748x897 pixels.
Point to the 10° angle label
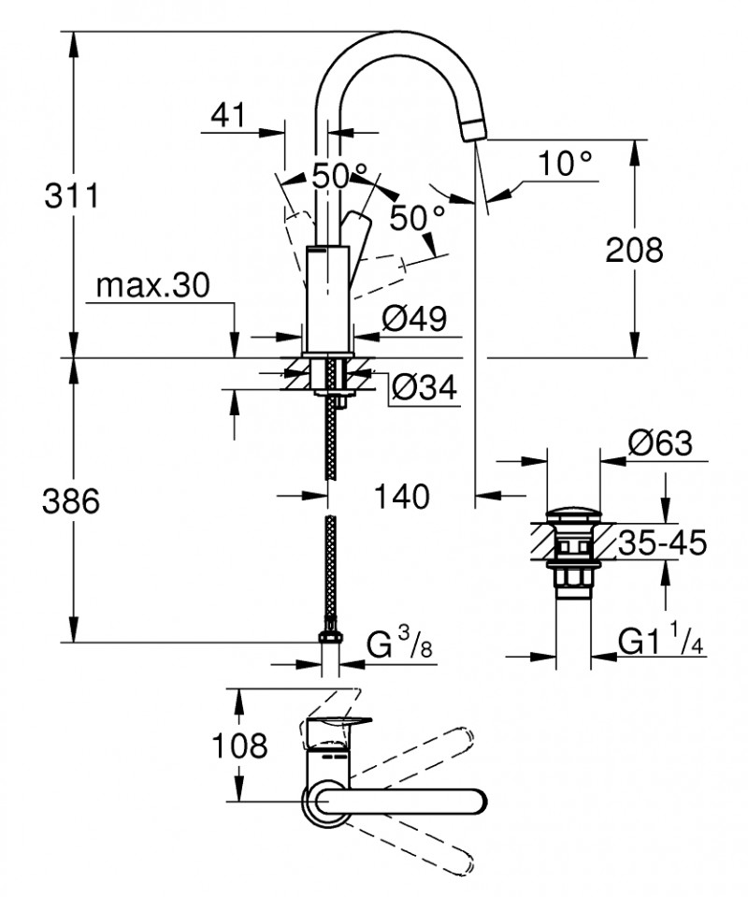(566, 164)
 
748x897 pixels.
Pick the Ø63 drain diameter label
(660, 443)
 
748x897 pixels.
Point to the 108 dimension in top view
(240, 745)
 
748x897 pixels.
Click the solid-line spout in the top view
(402, 802)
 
